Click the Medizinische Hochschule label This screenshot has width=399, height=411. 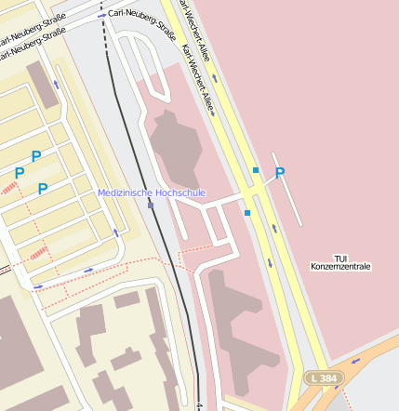pos(152,192)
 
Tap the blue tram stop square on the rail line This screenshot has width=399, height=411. pos(151,205)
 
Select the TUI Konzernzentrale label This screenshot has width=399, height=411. pos(340,262)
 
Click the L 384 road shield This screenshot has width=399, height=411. pos(325,378)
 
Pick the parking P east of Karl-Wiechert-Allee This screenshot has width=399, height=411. pos(279,173)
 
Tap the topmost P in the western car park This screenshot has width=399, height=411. pos(36,156)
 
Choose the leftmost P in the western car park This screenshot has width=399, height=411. pos(19,173)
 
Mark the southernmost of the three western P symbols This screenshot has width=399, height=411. pos(43,189)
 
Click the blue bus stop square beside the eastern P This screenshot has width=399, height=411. pos(256,170)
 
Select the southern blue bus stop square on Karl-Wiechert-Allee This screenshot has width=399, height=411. pos(247,213)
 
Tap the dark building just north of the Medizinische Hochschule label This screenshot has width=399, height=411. pos(175,144)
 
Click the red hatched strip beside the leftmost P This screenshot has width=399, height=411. pos(9,189)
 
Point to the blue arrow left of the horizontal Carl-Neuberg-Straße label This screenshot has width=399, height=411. pos(100,16)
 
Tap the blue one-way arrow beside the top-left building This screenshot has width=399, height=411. pos(57,85)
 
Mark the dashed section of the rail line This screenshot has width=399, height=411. pos(103,23)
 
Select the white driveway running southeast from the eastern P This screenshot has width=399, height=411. pos(289,192)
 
